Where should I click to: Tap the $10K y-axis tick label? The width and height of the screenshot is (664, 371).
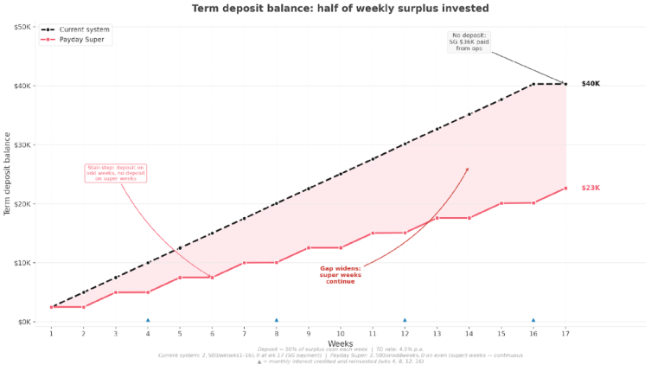click(x=23, y=263)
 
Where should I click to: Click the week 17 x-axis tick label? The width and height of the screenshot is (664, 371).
click(x=565, y=334)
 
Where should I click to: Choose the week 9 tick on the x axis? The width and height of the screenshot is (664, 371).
click(x=309, y=334)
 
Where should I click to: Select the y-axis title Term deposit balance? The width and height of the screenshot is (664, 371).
click(x=8, y=173)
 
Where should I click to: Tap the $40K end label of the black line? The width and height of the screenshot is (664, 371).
click(x=591, y=84)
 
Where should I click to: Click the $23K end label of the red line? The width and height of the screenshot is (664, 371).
click(x=591, y=188)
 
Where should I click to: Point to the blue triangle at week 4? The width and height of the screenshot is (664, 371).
click(x=148, y=320)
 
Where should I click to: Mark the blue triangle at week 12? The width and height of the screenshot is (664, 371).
click(x=405, y=320)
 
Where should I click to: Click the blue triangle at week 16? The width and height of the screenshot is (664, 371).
click(x=533, y=320)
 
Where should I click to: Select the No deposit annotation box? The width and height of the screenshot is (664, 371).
click(x=469, y=42)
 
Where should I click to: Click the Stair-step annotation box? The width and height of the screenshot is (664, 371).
click(x=116, y=172)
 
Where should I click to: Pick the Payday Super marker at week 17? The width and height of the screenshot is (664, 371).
click(x=565, y=188)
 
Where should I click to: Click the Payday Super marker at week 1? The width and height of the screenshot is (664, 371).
click(x=52, y=307)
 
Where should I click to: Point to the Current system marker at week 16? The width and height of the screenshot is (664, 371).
click(x=533, y=84)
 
